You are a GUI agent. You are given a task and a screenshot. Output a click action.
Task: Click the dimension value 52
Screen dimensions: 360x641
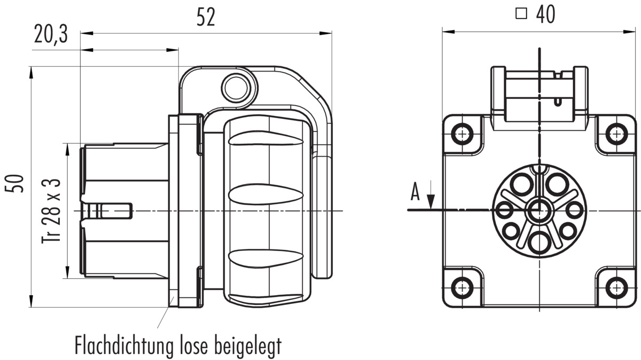(206, 17)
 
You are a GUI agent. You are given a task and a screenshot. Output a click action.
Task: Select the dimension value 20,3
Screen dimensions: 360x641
(51, 35)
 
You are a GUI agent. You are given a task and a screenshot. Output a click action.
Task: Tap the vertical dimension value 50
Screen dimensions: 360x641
(17, 184)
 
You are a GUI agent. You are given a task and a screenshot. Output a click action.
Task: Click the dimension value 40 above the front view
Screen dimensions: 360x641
(545, 15)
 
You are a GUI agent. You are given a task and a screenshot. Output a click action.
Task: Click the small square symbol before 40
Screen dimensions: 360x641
(522, 14)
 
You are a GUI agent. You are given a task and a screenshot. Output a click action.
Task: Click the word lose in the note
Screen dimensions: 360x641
(193, 347)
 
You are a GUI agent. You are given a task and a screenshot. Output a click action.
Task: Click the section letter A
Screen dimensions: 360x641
(415, 192)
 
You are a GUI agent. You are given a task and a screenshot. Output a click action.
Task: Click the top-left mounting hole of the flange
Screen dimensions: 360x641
(461, 132)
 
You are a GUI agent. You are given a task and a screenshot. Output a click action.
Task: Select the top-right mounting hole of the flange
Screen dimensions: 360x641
(617, 132)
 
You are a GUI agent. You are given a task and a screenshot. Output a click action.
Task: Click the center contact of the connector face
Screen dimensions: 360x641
(537, 211)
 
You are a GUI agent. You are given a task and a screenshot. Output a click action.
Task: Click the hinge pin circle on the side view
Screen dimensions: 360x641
(235, 88)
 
